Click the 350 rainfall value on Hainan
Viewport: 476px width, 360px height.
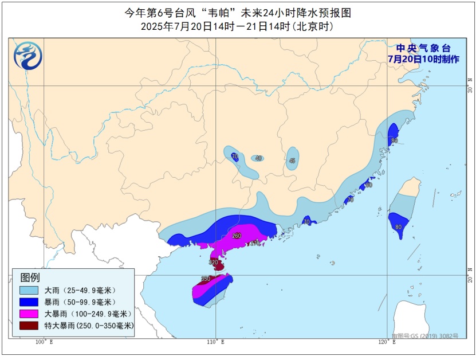206,279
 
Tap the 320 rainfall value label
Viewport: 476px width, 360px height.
214,263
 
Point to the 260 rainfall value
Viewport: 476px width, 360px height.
237,236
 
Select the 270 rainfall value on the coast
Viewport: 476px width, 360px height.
255,243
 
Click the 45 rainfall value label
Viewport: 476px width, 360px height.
293,161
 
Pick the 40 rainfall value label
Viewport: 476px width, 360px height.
258,158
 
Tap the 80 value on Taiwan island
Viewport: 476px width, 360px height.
398,227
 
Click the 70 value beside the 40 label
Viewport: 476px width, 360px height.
234,156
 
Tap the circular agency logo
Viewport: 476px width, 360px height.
28,56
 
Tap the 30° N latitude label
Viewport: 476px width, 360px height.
469,89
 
